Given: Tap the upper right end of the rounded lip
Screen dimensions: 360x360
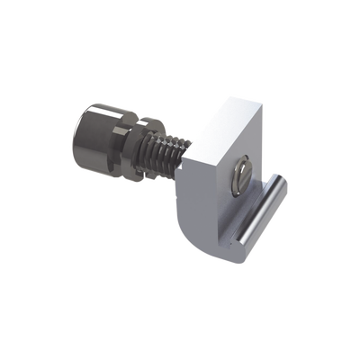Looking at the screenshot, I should pos(281,185).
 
